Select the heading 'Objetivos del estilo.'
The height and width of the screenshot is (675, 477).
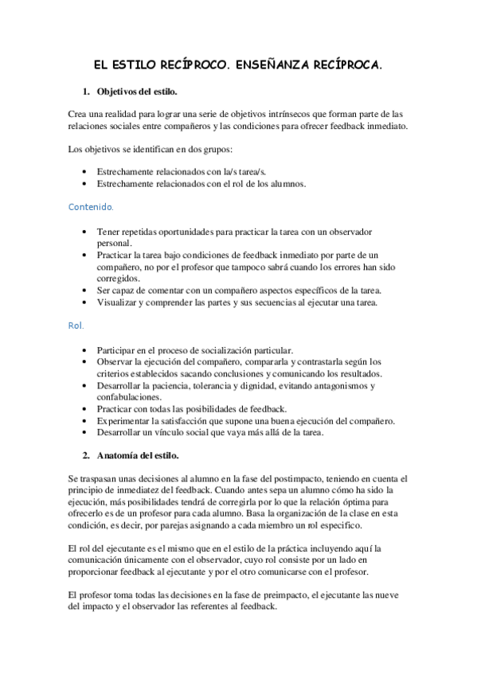(137, 91)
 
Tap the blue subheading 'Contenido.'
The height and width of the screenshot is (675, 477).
(91, 207)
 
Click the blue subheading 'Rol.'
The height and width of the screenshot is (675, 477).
(76, 326)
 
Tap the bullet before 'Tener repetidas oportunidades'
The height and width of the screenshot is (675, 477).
(85, 232)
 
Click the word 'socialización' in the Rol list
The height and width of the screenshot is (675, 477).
(220, 350)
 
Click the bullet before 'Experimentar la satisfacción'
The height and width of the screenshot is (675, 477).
(85, 420)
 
